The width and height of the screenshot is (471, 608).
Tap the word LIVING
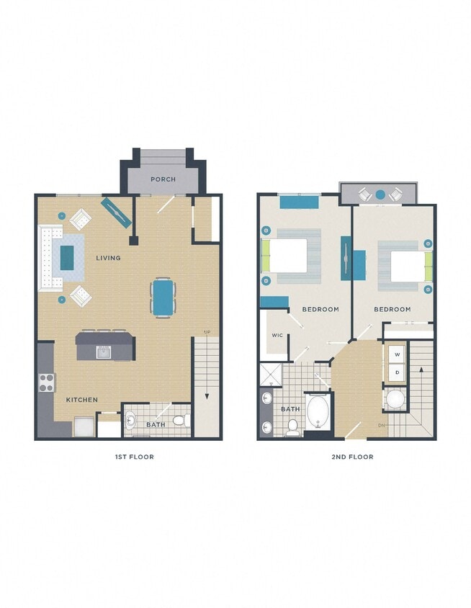point(108,258)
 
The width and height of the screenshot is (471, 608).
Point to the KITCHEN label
point(82,400)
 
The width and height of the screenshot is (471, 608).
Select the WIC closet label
point(277,335)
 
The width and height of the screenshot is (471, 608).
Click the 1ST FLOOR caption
point(134,457)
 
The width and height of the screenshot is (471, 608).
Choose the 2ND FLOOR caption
point(353,457)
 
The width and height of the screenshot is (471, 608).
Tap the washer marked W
point(397,355)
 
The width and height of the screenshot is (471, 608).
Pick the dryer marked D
point(397,372)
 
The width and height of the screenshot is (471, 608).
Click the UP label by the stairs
point(207,332)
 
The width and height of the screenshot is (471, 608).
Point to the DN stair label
point(382,425)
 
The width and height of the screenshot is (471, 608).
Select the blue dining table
point(163,296)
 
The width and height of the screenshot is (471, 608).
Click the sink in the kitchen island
point(104,352)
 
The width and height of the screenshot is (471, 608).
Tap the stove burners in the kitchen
point(46,383)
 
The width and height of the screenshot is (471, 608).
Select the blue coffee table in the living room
point(67,257)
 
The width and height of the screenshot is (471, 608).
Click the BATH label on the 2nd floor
point(290,409)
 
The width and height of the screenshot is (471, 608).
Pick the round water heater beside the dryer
point(395,399)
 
